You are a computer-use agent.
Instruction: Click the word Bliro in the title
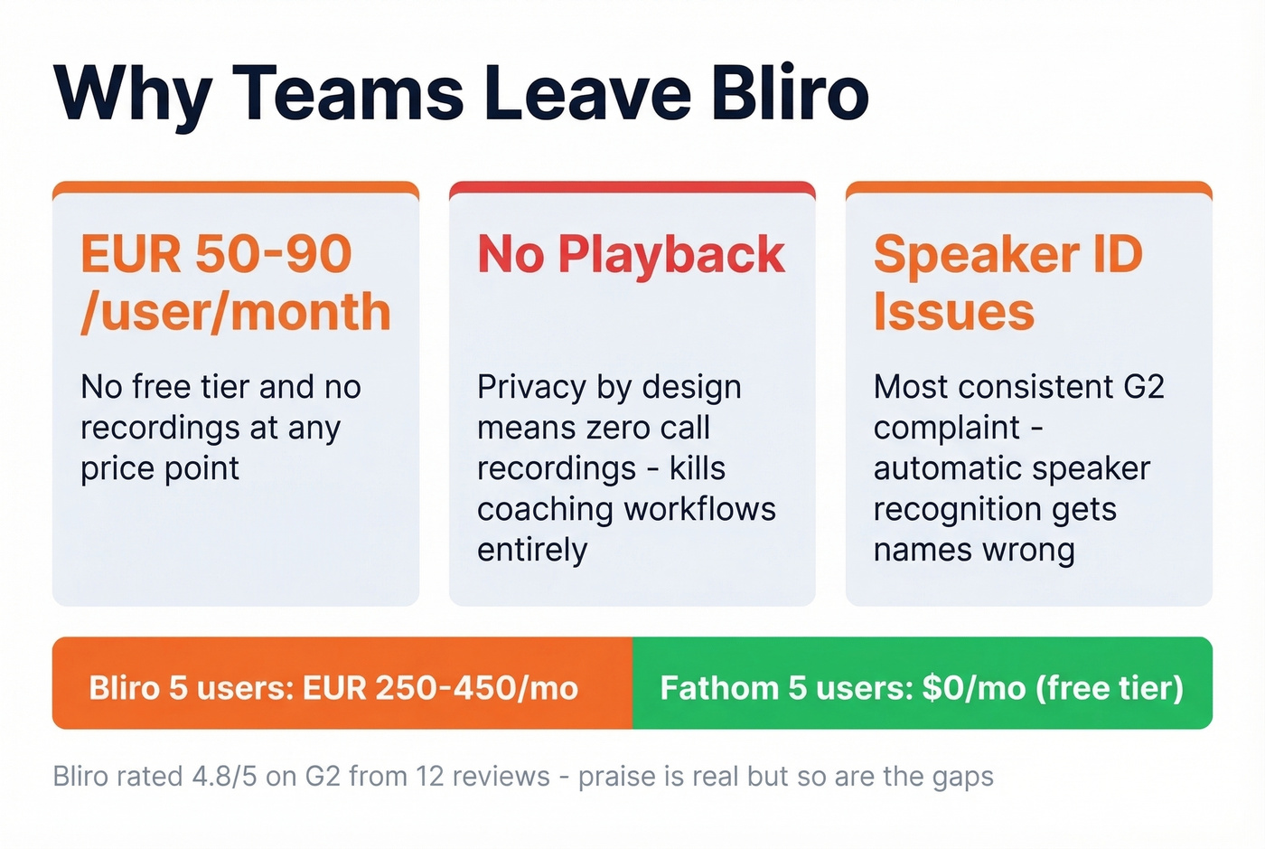(x=789, y=93)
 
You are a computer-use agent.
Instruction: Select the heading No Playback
(x=631, y=254)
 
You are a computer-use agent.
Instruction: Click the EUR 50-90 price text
(x=216, y=254)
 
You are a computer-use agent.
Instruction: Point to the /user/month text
(x=235, y=312)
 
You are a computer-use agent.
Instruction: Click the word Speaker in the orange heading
(x=976, y=254)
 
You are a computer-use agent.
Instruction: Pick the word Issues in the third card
(x=953, y=312)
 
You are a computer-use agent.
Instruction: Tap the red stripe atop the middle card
(x=632, y=187)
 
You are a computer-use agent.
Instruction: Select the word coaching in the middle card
(x=547, y=509)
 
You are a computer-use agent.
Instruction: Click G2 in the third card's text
(x=1144, y=387)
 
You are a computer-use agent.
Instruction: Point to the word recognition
(x=948, y=509)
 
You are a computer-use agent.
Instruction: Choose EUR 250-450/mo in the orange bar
(x=440, y=688)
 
